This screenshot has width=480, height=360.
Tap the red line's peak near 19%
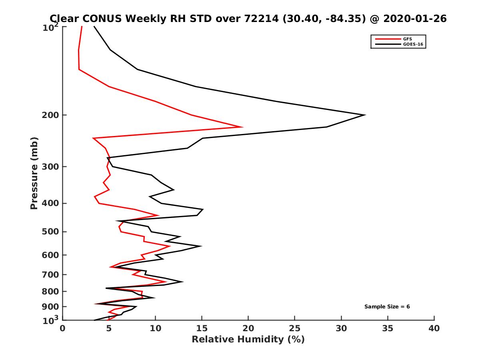pyautogui.click(x=242, y=127)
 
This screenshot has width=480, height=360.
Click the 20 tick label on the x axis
pyautogui.click(x=248, y=328)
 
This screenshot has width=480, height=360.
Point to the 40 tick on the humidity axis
pyautogui.click(x=434, y=328)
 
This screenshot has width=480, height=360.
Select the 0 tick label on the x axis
pyautogui.click(x=63, y=328)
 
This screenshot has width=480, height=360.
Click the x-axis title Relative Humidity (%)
pyautogui.click(x=248, y=340)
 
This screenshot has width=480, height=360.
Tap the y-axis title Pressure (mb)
pyautogui.click(x=34, y=173)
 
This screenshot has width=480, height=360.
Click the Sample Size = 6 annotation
pyautogui.click(x=387, y=307)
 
